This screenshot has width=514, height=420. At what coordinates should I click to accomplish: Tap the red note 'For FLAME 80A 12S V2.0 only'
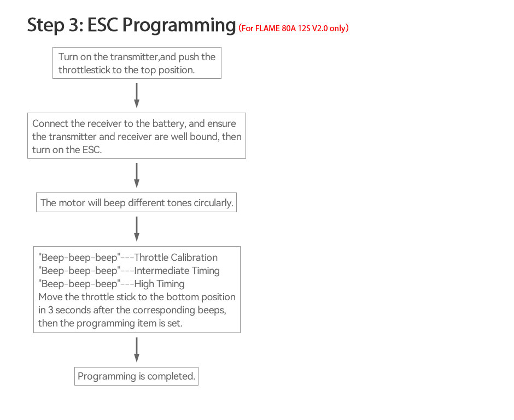[x=294, y=28]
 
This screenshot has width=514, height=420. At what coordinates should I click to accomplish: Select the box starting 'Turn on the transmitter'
[x=137, y=63]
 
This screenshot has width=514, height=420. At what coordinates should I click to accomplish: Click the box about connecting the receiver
[x=137, y=136]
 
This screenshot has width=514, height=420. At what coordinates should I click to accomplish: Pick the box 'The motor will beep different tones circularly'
[x=137, y=203]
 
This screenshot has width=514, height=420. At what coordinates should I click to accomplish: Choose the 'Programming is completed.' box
[x=136, y=376]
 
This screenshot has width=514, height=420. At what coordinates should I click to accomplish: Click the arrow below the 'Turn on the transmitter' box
[x=137, y=96]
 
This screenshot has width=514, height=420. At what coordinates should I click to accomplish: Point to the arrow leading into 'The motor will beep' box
[x=137, y=175]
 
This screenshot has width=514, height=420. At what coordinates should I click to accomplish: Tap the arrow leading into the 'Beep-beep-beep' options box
[x=137, y=229]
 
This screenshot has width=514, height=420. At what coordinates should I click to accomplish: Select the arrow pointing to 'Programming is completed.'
[x=137, y=349]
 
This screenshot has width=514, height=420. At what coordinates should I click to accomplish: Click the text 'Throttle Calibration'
[x=176, y=258]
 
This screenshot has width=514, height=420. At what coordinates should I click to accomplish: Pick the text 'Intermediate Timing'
[x=177, y=271]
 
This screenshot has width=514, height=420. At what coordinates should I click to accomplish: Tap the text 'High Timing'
[x=159, y=284]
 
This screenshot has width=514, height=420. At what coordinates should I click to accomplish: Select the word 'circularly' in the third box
[x=213, y=203]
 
